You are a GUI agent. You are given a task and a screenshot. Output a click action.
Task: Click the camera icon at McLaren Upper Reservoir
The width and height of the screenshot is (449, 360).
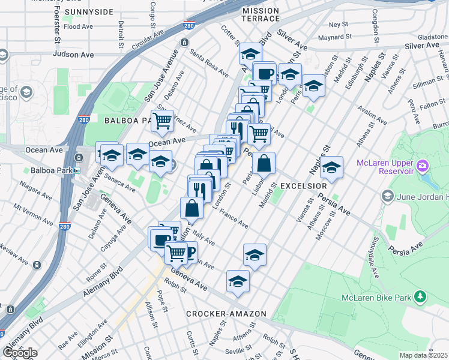point(423,165)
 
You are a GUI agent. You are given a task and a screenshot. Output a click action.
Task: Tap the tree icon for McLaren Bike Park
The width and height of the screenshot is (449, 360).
point(421,296)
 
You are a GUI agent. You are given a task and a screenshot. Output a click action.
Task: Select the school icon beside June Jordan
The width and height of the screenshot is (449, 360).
point(387,196)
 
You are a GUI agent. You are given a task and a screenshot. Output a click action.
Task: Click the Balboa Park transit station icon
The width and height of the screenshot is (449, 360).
point(77,170)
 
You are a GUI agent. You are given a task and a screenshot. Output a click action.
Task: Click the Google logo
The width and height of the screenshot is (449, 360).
point(19,353)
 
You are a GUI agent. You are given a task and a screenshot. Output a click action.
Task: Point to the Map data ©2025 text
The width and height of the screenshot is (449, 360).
point(424,355)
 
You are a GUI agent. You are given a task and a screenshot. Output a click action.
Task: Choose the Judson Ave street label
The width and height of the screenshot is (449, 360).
point(73,54)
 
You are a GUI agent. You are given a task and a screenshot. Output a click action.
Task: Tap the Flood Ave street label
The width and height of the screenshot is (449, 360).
point(78,27)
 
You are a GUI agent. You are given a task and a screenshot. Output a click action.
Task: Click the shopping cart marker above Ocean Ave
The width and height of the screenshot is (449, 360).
point(162,121)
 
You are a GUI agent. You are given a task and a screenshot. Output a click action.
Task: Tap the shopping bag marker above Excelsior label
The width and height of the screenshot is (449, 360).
point(264,162)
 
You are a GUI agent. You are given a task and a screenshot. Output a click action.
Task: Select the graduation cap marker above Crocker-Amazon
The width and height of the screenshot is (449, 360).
point(238,281)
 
